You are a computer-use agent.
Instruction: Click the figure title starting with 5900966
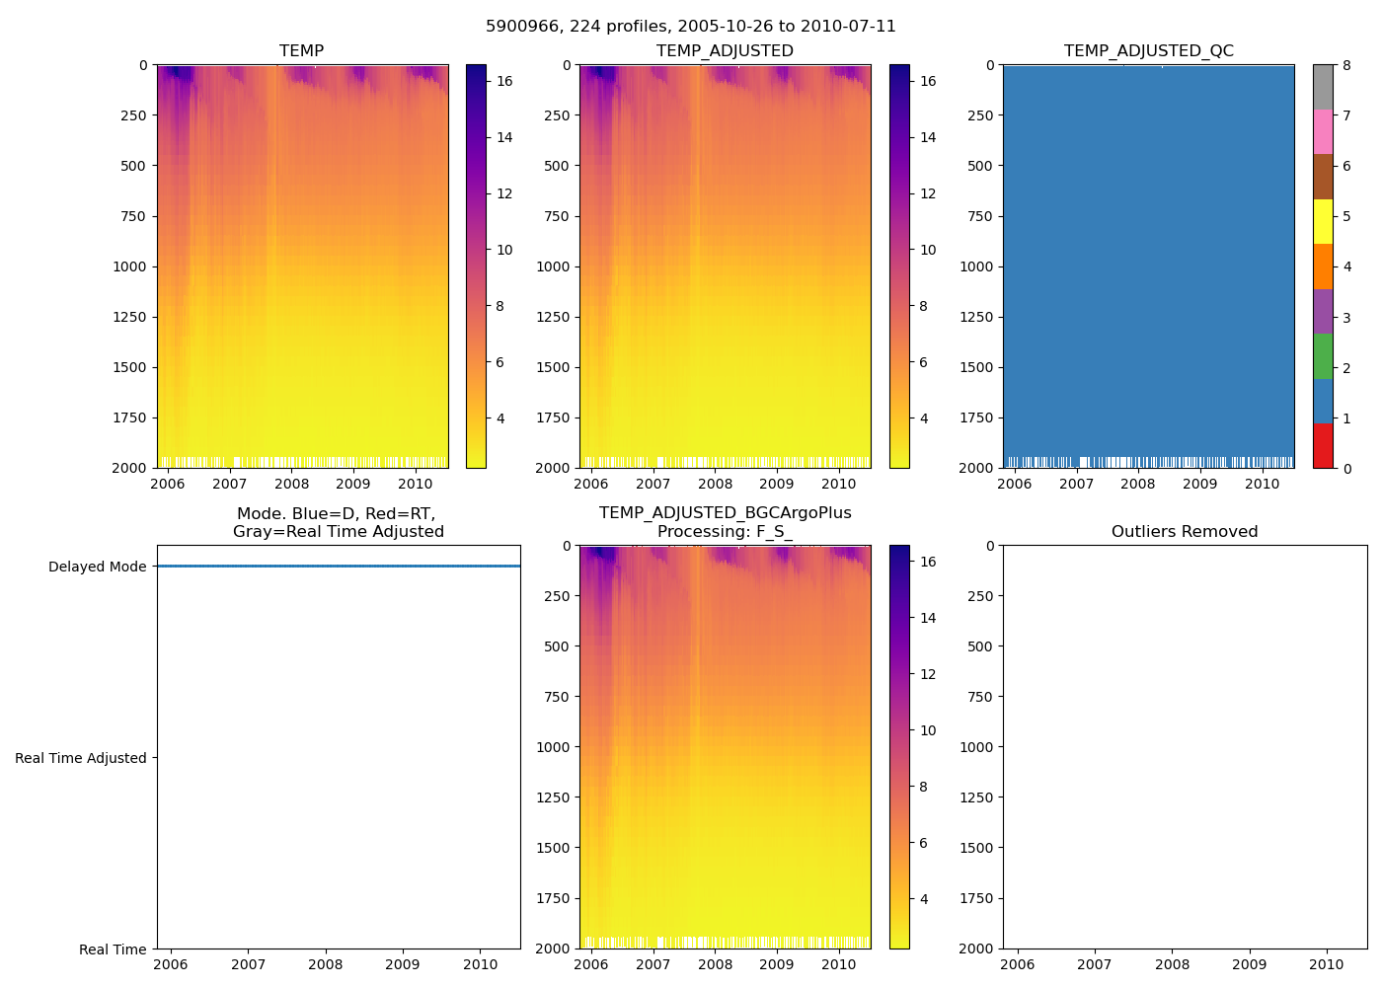pyautogui.click(x=690, y=27)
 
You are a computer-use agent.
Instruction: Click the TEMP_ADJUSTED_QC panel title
pyautogui.click(x=1148, y=51)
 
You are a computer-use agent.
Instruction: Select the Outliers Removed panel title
pyautogui.click(x=1184, y=532)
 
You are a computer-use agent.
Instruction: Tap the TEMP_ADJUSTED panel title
pyautogui.click(x=725, y=51)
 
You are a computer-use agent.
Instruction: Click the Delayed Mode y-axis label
pyautogui.click(x=97, y=567)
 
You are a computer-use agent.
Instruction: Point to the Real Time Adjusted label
pyautogui.click(x=80, y=758)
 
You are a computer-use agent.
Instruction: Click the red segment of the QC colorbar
pyautogui.click(x=1323, y=445)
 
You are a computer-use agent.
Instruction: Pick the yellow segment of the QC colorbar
pyautogui.click(x=1323, y=221)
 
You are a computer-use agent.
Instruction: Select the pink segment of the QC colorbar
pyautogui.click(x=1323, y=131)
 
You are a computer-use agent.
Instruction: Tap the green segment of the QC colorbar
pyautogui.click(x=1323, y=355)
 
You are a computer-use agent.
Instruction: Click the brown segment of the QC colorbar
pyautogui.click(x=1323, y=177)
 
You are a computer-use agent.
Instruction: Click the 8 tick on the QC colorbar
pyautogui.click(x=1347, y=65)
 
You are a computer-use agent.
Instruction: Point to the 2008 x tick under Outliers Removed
pyautogui.click(x=1172, y=964)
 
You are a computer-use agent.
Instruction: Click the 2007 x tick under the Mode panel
pyautogui.click(x=248, y=964)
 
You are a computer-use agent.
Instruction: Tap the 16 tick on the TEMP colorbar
pyautogui.click(x=504, y=81)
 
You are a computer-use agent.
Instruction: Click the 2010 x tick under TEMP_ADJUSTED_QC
pyautogui.click(x=1262, y=484)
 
